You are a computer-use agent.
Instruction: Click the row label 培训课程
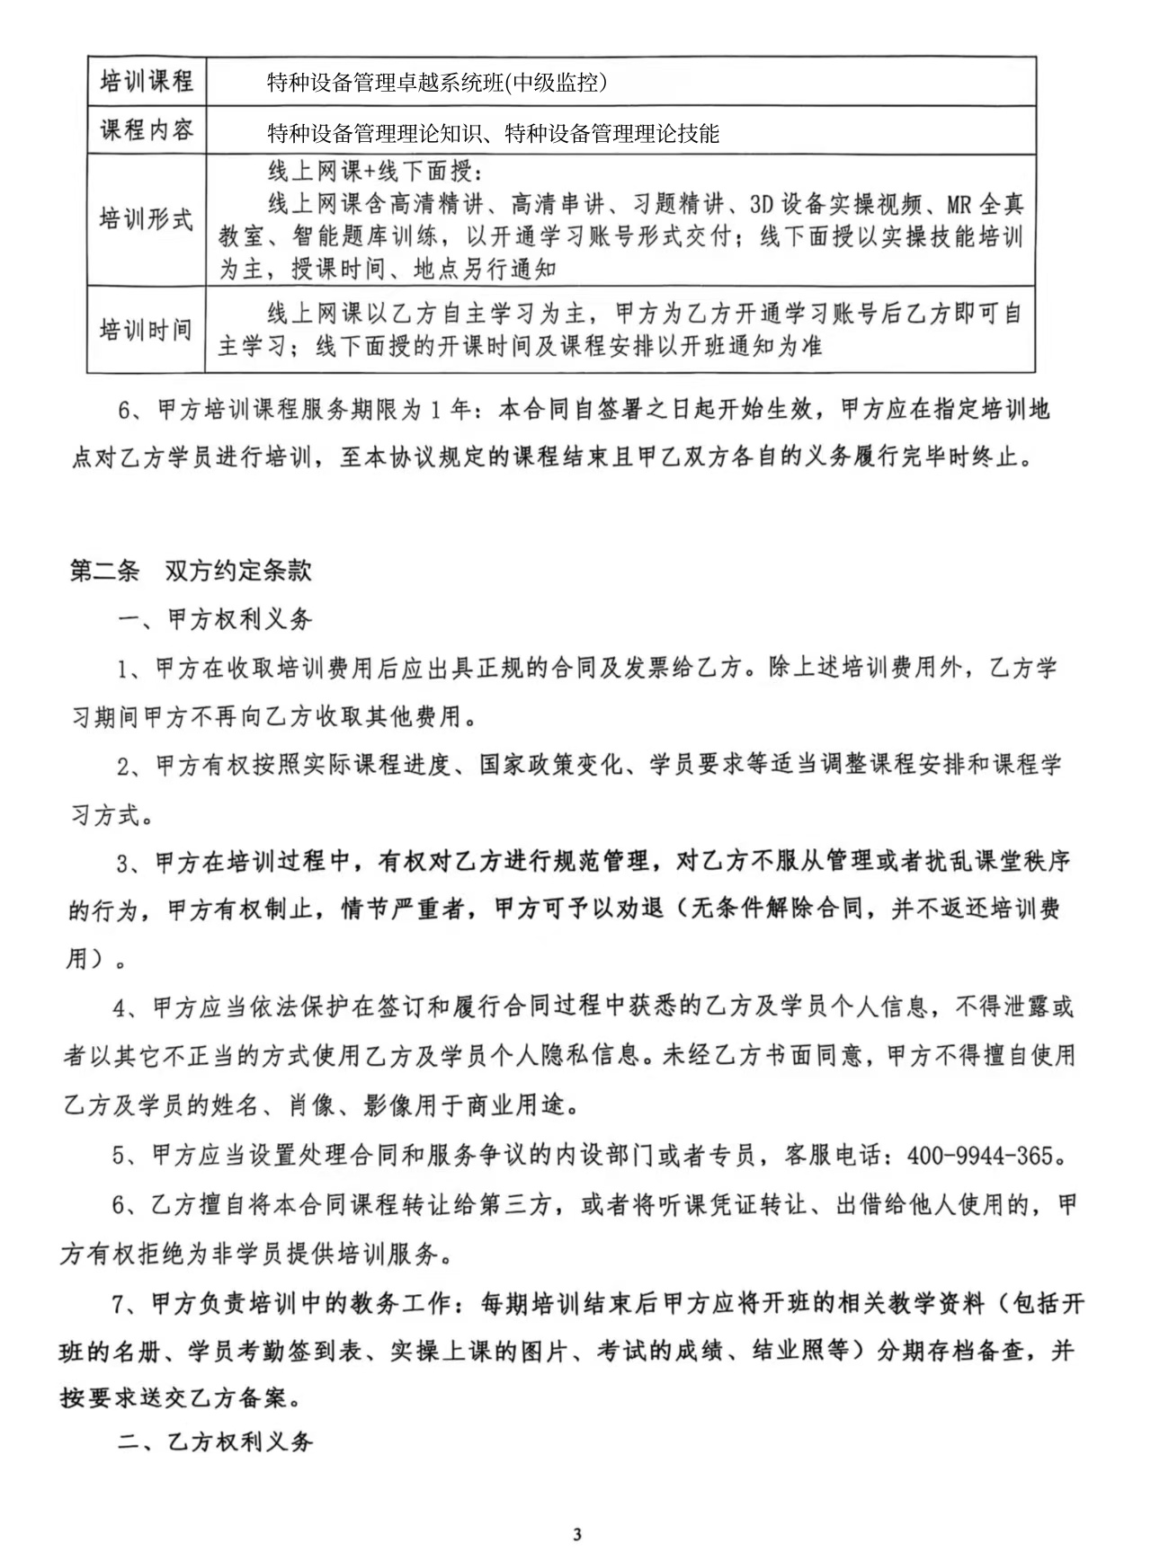point(146,82)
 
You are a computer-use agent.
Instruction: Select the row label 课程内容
point(146,130)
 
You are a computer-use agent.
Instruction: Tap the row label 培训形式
point(146,218)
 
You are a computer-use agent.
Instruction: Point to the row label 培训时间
point(146,329)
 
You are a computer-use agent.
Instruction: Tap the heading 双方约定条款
point(238,571)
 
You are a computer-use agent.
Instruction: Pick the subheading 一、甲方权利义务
point(216,619)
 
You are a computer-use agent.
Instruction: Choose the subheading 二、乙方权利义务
point(216,1441)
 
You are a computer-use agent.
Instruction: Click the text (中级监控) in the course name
point(557,83)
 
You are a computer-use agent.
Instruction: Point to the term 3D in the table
point(763,205)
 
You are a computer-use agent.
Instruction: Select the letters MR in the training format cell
point(959,205)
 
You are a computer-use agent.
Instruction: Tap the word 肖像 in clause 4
point(312,1105)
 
